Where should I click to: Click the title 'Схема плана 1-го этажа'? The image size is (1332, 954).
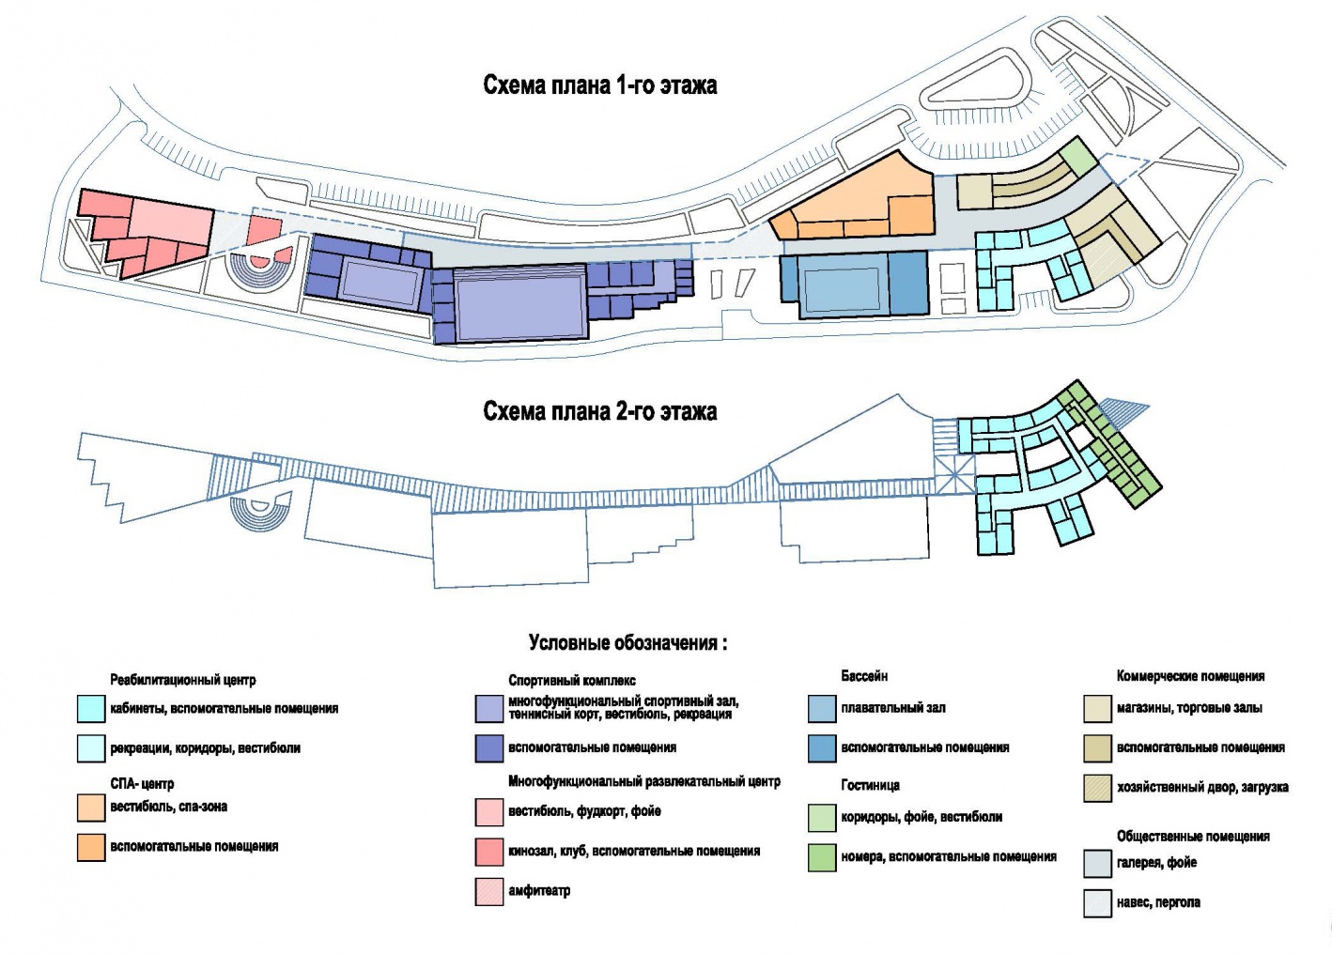[x=599, y=85]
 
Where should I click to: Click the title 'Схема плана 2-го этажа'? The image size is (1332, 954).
[x=599, y=411]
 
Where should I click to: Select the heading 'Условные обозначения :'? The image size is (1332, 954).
[x=627, y=642]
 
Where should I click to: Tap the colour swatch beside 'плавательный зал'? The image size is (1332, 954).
[x=822, y=709]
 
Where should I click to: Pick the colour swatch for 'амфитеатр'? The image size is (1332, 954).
[x=489, y=892]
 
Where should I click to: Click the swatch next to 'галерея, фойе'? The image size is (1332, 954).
[x=1098, y=863]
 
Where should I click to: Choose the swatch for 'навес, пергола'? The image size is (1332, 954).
[x=1098, y=903]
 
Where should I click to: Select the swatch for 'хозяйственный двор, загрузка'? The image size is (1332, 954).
[x=1098, y=788]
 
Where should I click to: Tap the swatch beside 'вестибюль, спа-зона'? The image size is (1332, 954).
[x=91, y=808]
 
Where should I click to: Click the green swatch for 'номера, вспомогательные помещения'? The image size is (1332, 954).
[x=822, y=857]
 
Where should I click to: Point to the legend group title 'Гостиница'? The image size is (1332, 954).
[x=870, y=785]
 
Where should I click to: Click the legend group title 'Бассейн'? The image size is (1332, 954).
[x=864, y=676]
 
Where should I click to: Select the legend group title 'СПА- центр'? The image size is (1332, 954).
[x=142, y=784]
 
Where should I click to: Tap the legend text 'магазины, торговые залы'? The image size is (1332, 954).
[x=1189, y=708]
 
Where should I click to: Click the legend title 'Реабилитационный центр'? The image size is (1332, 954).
[x=183, y=680]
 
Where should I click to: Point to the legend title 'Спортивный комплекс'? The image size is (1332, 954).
[x=572, y=681]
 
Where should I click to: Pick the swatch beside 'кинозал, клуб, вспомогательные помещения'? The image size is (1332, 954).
[x=489, y=851]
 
